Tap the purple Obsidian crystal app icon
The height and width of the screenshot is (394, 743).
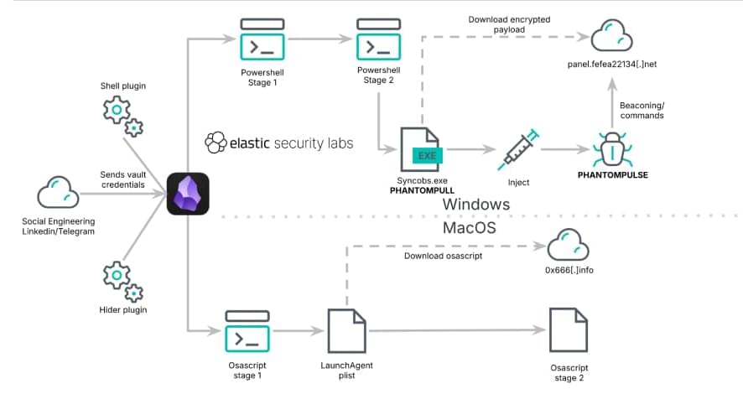[188, 194]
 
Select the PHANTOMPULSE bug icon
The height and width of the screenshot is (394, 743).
[618, 151]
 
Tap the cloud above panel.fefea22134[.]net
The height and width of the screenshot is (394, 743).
[612, 38]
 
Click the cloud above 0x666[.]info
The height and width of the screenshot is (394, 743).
[568, 247]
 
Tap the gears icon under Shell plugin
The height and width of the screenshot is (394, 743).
[122, 115]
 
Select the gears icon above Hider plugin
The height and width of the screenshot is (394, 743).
[122, 280]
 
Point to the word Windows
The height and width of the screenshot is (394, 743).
[475, 205]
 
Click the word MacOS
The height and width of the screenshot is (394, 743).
[470, 228]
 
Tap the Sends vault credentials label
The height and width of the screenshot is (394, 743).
[123, 179]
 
